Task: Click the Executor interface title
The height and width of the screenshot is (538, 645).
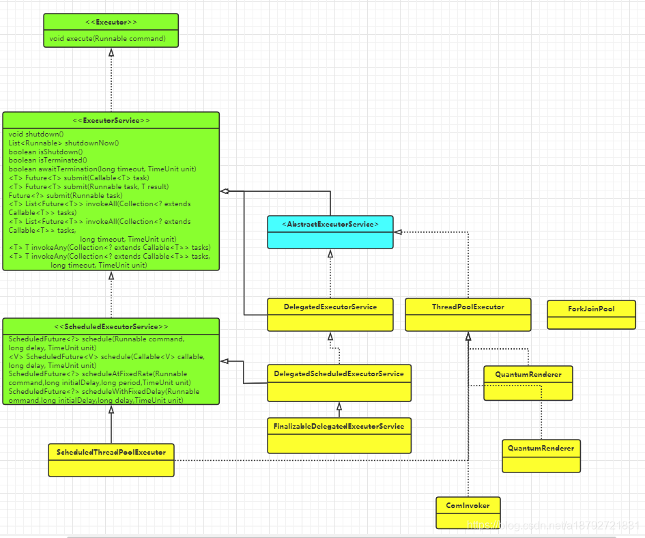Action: [x=111, y=23]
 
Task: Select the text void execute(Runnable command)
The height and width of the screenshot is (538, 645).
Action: [x=107, y=39]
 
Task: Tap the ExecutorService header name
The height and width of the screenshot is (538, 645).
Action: [x=111, y=121]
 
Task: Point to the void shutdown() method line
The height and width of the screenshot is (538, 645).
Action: [x=36, y=134]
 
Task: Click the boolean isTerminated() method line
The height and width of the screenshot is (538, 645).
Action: [x=48, y=160]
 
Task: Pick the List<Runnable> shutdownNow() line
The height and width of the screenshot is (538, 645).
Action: [x=63, y=143]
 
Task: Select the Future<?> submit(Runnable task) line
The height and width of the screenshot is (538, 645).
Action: [x=66, y=195]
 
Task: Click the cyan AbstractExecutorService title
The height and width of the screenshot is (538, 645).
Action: [x=330, y=225]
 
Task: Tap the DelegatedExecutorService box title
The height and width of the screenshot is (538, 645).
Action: [x=330, y=307]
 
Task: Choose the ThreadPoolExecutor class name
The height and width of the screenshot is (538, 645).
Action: [x=468, y=307]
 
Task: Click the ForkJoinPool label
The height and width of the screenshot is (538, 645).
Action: [x=592, y=309]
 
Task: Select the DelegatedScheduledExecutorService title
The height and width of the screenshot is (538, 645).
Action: [x=339, y=373]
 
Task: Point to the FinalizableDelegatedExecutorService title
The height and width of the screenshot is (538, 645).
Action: [x=339, y=427]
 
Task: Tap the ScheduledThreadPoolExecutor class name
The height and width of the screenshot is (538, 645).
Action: [x=111, y=453]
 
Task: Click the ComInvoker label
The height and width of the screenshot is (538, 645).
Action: [x=468, y=505]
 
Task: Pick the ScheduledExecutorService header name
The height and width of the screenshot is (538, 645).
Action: [x=111, y=327]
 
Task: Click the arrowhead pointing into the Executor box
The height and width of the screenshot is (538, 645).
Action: [x=111, y=53]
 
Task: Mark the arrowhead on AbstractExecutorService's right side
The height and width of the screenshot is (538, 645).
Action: [x=398, y=232]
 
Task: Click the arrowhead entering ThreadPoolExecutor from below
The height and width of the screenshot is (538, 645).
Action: [x=468, y=337]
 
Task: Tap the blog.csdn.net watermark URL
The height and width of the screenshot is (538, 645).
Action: [x=554, y=525]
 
